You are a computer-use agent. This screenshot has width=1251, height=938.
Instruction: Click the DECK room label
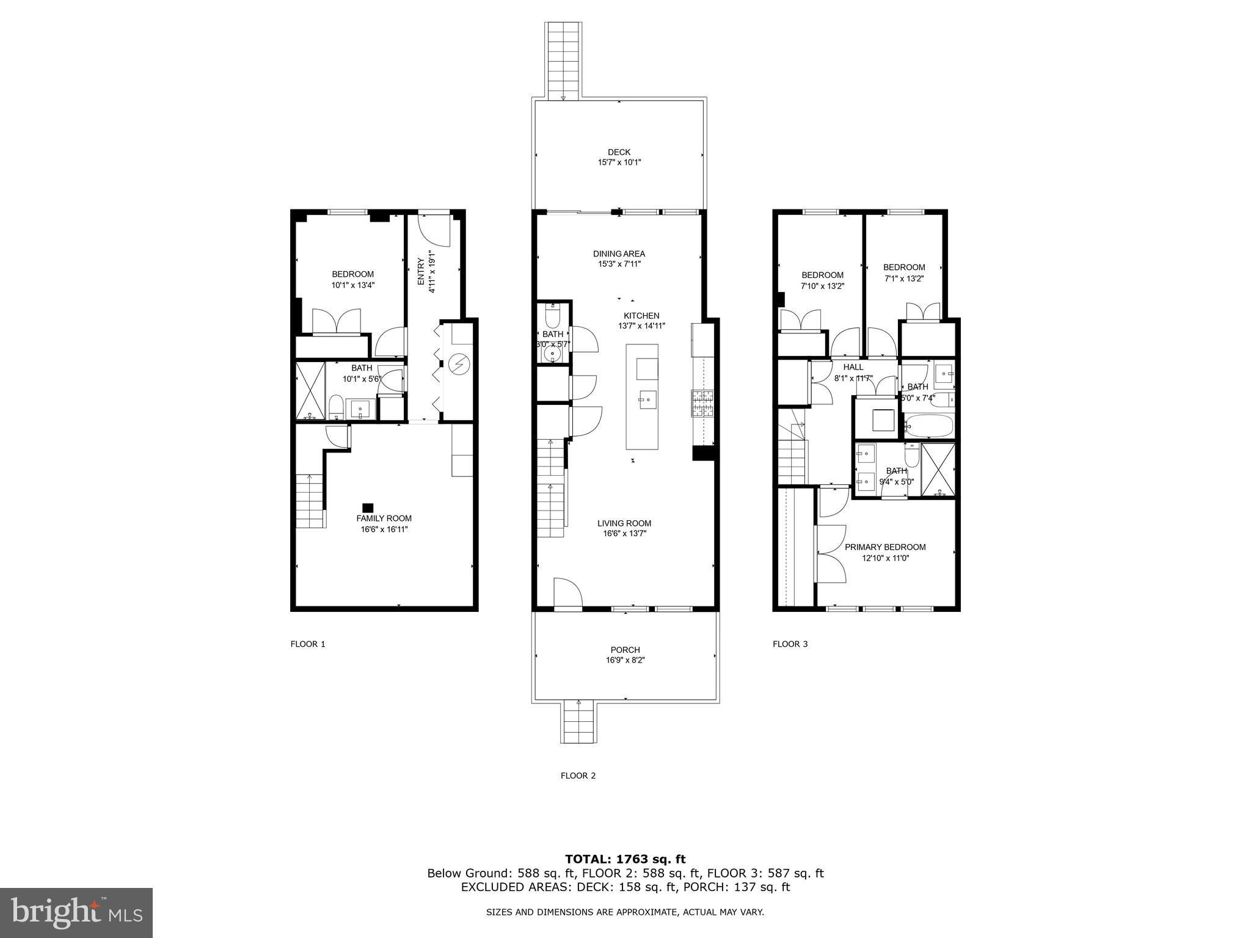click(x=619, y=152)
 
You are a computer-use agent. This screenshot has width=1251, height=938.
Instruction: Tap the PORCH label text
click(x=625, y=650)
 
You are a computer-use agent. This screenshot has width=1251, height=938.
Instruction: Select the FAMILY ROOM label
click(x=384, y=518)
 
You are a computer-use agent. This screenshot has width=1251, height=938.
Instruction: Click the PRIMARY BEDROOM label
click(x=885, y=547)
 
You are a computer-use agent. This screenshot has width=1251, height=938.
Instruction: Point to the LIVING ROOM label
click(x=624, y=523)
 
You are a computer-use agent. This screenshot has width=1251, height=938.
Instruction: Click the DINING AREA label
click(x=619, y=254)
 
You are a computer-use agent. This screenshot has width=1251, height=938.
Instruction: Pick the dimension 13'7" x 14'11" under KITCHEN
click(x=641, y=326)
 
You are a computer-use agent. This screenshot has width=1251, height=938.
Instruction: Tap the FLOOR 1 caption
click(x=308, y=644)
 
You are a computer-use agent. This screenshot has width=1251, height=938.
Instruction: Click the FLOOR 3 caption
click(x=790, y=644)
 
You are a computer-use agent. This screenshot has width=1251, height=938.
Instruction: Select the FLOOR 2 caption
click(x=578, y=776)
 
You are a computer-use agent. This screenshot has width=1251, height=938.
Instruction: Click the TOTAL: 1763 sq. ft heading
click(x=625, y=859)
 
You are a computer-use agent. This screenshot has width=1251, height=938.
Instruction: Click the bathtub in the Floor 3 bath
click(x=928, y=425)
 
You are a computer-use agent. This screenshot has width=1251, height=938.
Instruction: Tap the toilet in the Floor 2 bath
click(x=553, y=318)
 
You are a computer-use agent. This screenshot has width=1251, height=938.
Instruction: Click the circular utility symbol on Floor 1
click(x=457, y=365)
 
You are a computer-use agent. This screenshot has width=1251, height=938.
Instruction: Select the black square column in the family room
click(x=368, y=507)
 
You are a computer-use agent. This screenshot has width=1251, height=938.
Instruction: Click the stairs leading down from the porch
click(x=579, y=722)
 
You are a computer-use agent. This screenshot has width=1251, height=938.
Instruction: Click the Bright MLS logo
click(x=76, y=912)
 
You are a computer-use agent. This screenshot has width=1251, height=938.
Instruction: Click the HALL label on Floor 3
click(x=853, y=367)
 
